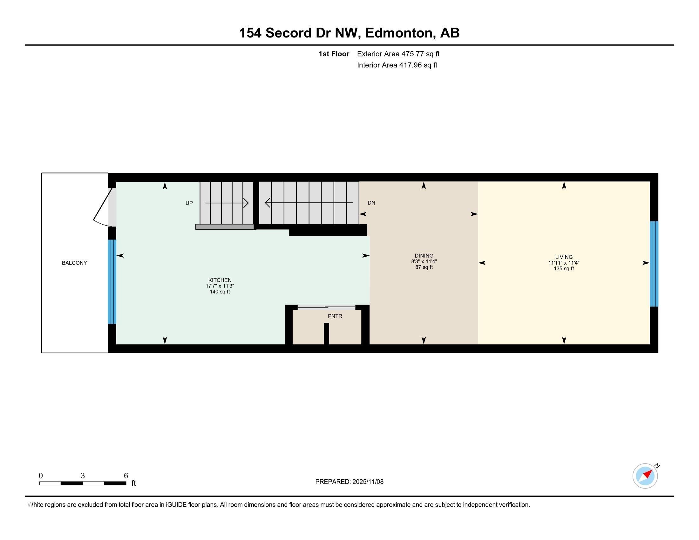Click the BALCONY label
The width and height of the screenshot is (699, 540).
pos(74,263)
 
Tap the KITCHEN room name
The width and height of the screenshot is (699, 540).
pos(220,280)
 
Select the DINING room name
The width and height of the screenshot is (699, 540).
pos(424,256)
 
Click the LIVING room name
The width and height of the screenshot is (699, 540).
pos(564,257)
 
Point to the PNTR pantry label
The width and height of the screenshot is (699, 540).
pos(335,316)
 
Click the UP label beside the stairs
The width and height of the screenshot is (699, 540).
pos(189,203)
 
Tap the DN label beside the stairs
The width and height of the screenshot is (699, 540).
pos(371,203)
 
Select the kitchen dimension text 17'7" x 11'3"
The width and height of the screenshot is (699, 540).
pos(220,286)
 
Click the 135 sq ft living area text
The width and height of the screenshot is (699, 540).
pos(564,269)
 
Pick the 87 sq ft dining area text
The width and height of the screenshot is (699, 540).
pos(424,267)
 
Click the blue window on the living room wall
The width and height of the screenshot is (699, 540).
pos(654,264)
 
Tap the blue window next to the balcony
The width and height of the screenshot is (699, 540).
pos(112,282)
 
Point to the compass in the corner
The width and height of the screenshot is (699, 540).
pos(645,476)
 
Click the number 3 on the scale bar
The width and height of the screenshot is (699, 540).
pos(83,476)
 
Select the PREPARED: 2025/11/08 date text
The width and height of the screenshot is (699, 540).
pos(349,482)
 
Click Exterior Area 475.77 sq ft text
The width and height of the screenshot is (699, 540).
pos(398,54)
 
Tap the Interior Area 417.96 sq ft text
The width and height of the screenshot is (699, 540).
pos(397,65)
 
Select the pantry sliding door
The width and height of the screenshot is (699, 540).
pos(326,307)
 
